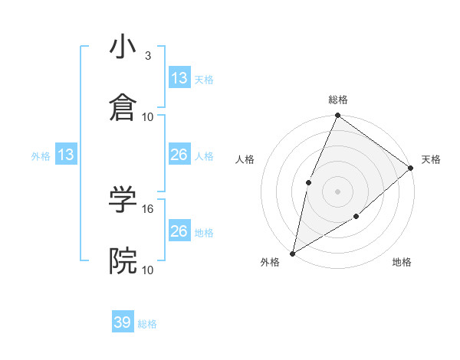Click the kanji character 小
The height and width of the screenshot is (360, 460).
click(123, 48)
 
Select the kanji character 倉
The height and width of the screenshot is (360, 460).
click(123, 109)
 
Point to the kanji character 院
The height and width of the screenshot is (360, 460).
click(123, 261)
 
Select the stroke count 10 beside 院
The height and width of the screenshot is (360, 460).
click(148, 270)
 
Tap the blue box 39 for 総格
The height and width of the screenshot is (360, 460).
click(123, 322)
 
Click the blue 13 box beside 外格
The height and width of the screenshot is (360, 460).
click(66, 155)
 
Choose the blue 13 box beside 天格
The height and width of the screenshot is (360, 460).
click(179, 78)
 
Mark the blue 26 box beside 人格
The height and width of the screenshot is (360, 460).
click(179, 155)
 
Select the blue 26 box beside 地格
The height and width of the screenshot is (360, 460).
click(179, 231)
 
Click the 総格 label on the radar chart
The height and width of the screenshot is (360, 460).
click(337, 100)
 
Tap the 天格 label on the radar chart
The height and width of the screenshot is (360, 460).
click(431, 159)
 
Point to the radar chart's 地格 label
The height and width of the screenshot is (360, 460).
click(402, 263)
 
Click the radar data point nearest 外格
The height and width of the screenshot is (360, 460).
click(292, 253)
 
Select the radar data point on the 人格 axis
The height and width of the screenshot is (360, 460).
click(308, 182)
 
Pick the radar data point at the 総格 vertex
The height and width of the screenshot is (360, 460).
click(337, 116)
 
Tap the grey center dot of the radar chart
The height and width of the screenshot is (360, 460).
click(337, 191)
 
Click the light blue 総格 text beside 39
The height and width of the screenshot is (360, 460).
click(147, 324)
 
